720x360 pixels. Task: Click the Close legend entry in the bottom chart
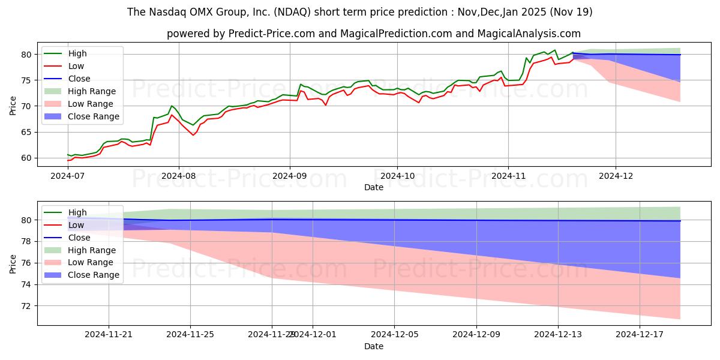(79, 237)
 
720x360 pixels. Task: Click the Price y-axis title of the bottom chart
(13, 263)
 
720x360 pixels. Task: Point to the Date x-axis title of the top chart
(373, 188)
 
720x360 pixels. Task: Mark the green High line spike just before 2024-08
(172, 106)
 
